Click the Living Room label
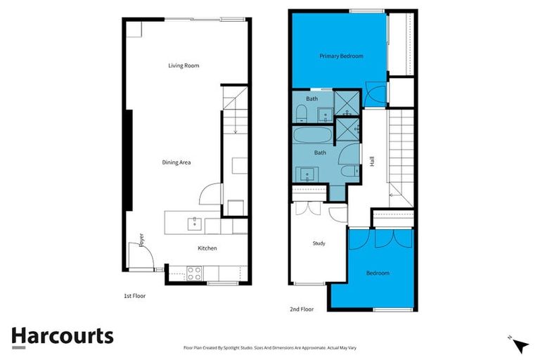pos(184,66)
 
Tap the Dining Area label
pos(176,162)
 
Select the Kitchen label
pos(207,248)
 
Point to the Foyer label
pos(142,240)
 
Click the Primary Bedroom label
pos(341,56)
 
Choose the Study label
pos(319,244)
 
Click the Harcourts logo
pos(63,336)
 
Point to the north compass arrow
pos(520,345)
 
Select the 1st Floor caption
pos(134,296)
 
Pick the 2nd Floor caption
pos(302,309)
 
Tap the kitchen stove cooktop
pos(193,271)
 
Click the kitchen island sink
pos(194,224)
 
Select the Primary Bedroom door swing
pos(376,96)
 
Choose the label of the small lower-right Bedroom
pos(378,273)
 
